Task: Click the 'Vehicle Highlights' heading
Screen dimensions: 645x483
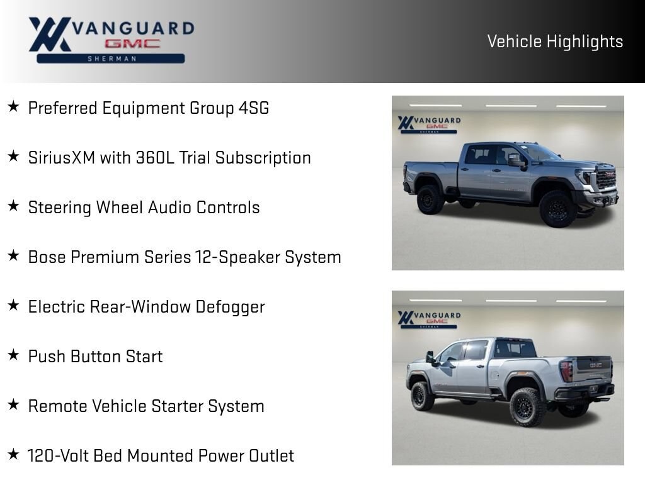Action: click(555, 42)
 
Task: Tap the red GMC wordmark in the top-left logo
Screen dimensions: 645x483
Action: click(132, 43)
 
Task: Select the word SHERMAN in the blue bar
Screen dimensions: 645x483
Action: click(111, 58)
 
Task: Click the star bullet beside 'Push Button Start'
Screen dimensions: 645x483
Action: click(14, 355)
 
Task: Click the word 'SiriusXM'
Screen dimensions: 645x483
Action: click(62, 158)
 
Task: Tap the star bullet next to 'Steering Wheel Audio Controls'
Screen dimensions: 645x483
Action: click(14, 206)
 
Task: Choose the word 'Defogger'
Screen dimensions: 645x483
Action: click(231, 307)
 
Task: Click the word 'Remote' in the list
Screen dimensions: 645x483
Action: click(57, 406)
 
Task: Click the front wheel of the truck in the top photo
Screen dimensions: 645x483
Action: click(558, 209)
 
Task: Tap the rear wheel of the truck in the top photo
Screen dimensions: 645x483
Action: click(430, 199)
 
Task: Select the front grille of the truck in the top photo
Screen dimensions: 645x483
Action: click(607, 179)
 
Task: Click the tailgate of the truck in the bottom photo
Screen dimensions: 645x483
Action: click(595, 368)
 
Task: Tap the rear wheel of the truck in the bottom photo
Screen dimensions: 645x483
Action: click(528, 407)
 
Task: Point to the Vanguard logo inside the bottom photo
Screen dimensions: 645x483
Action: click(429, 319)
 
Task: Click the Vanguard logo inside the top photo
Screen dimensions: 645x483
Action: click(429, 125)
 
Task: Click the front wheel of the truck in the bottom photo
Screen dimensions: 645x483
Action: click(421, 396)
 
